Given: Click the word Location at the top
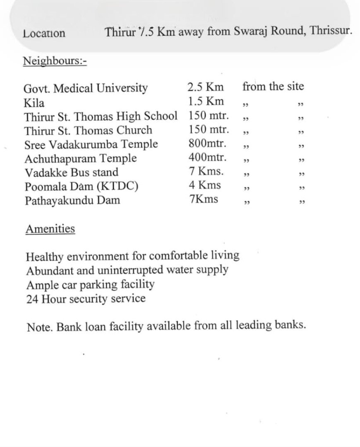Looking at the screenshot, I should pos(44,34).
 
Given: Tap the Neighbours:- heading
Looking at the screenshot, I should pos(55,61).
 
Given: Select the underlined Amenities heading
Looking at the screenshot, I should pos(50,229).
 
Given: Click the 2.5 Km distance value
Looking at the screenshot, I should pos(205,87).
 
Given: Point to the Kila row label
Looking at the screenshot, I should pos(34,102).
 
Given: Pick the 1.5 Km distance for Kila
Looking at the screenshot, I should pos(205,101).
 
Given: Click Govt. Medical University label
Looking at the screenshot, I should pos(86,88).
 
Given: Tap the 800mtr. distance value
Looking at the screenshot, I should pos(207,144).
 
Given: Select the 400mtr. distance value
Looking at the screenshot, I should pos(207,158).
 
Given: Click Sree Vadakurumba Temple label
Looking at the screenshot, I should pos(91,144).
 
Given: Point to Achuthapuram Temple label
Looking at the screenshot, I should pos(80,159).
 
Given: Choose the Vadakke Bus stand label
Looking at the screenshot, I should pos(71,173).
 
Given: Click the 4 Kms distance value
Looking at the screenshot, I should pos(205,185).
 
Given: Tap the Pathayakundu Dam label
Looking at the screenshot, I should pos(72,201).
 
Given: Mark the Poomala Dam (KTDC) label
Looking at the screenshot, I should pos(81,187).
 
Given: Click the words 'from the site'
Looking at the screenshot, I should pos(273,87).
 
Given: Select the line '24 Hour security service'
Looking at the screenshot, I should pos(86,298).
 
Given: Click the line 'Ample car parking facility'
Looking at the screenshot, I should pos(90,285).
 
